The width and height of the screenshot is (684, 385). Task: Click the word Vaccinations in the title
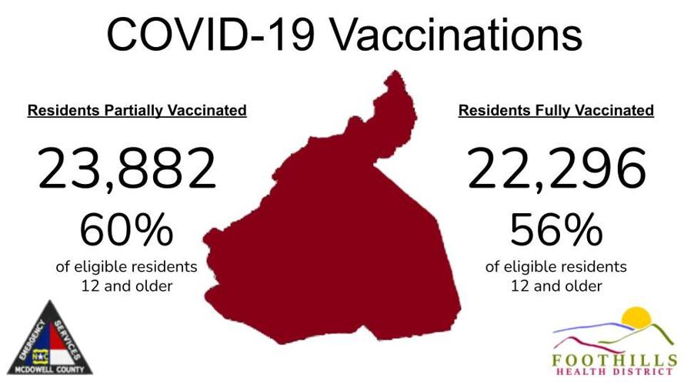point(455,34)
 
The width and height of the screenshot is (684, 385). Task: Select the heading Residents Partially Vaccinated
point(137,111)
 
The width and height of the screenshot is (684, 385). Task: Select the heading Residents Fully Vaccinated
point(556,111)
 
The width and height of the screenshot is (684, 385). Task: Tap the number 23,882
point(128,170)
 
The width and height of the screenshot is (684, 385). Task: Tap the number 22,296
point(556,170)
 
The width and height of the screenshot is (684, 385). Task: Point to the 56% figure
point(556,229)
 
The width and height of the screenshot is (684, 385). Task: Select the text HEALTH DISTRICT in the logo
point(614,373)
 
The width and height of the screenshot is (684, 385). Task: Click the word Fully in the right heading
point(537,111)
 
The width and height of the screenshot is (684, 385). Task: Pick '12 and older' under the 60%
point(127,286)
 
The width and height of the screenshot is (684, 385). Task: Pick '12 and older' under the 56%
point(556,286)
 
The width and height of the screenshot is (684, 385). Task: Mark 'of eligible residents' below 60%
point(127,267)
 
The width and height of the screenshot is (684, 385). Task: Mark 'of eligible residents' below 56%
point(556,267)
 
